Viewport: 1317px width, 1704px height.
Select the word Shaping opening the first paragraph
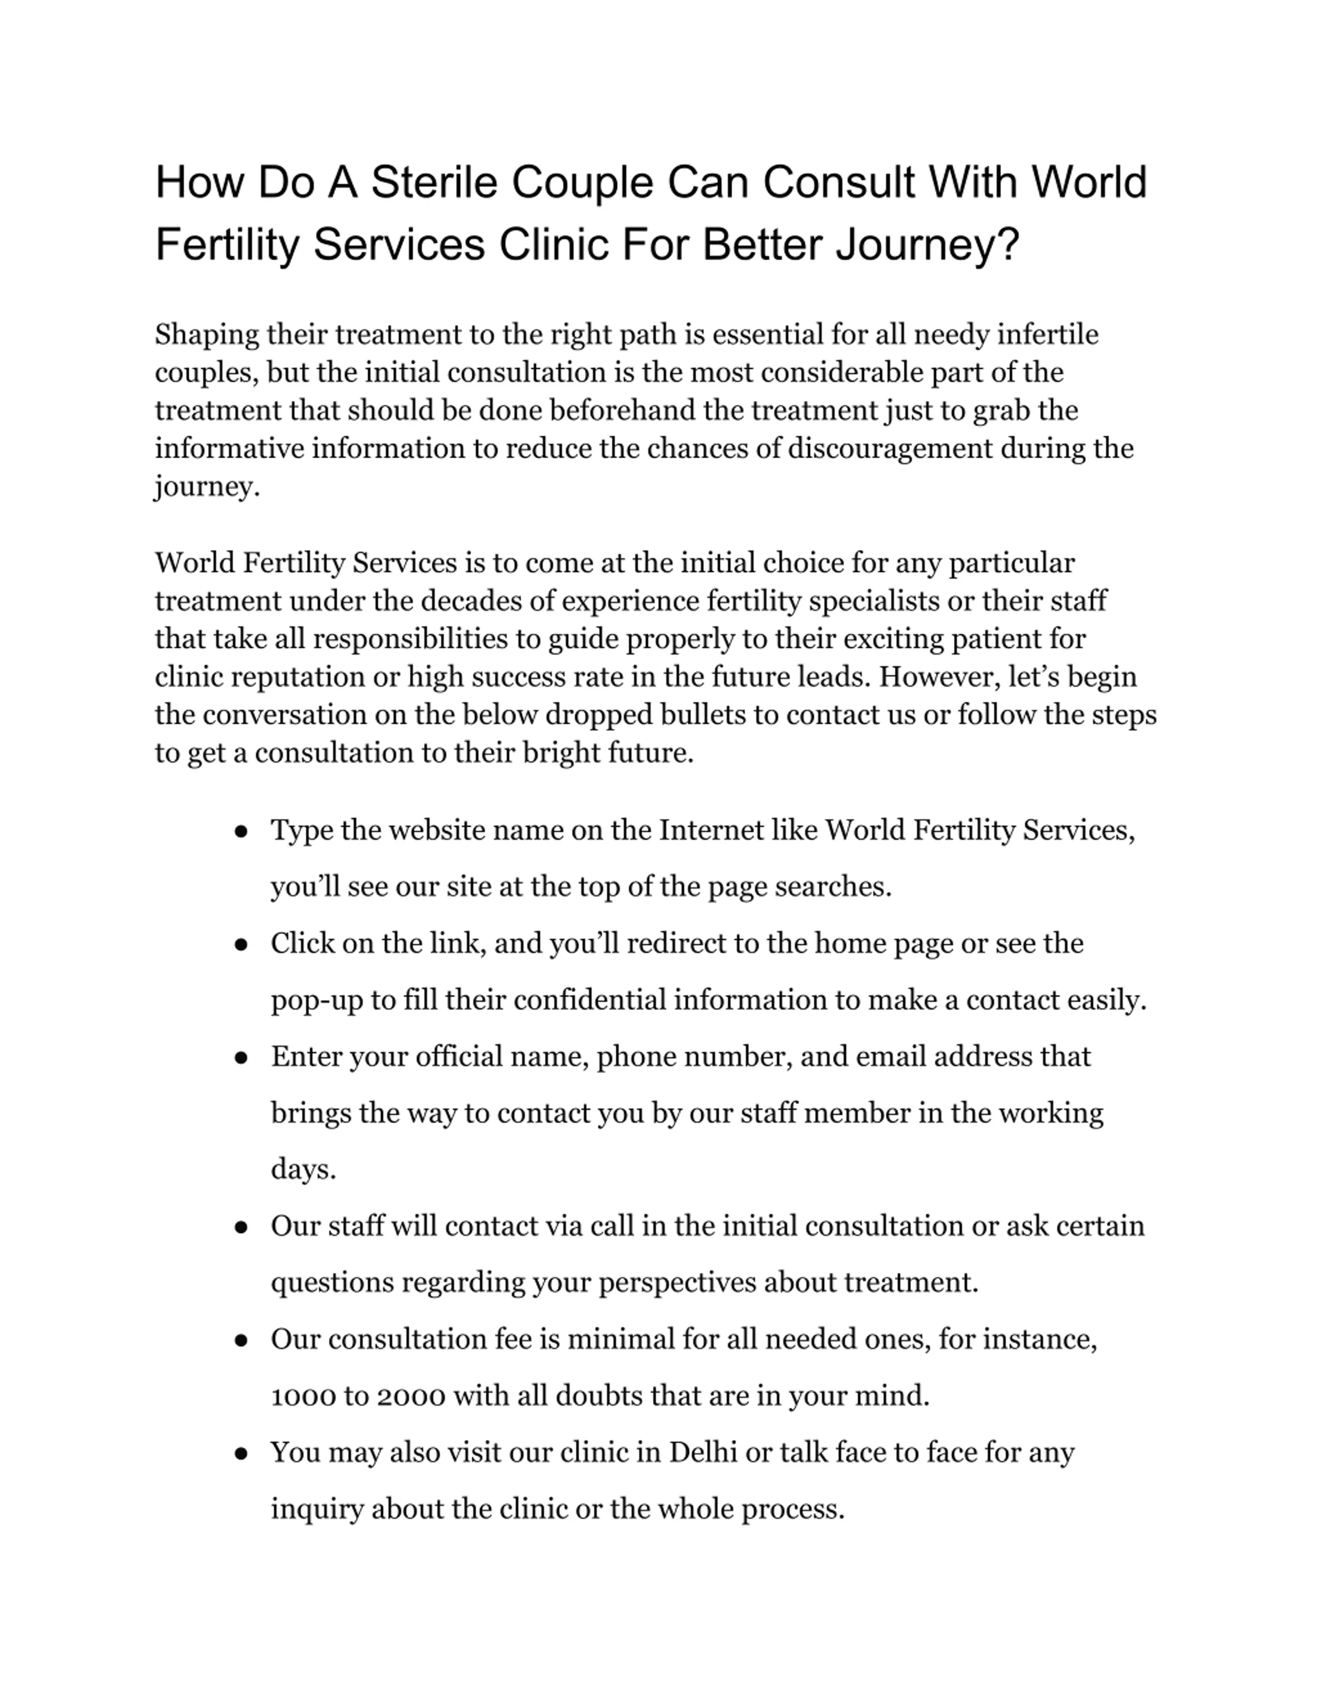point(207,335)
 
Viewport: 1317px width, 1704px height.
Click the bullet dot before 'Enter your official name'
point(241,1059)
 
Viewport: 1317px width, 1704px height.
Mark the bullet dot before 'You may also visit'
point(241,1455)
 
